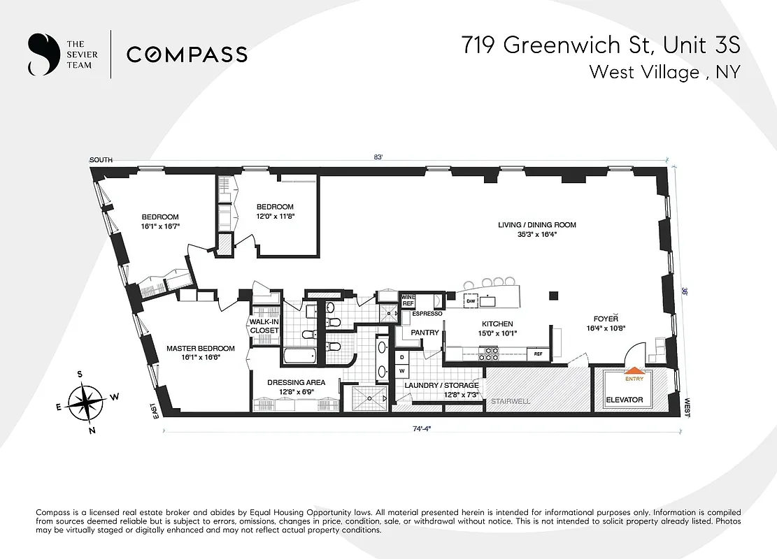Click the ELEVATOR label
point(624,400)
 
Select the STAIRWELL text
point(510,402)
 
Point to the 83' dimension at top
point(378,157)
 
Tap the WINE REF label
point(408,300)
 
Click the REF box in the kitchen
point(538,354)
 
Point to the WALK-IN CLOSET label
point(264,326)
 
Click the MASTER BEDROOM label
point(200,348)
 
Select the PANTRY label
point(425,333)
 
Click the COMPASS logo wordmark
point(186,54)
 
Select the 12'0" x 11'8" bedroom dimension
point(275,217)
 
